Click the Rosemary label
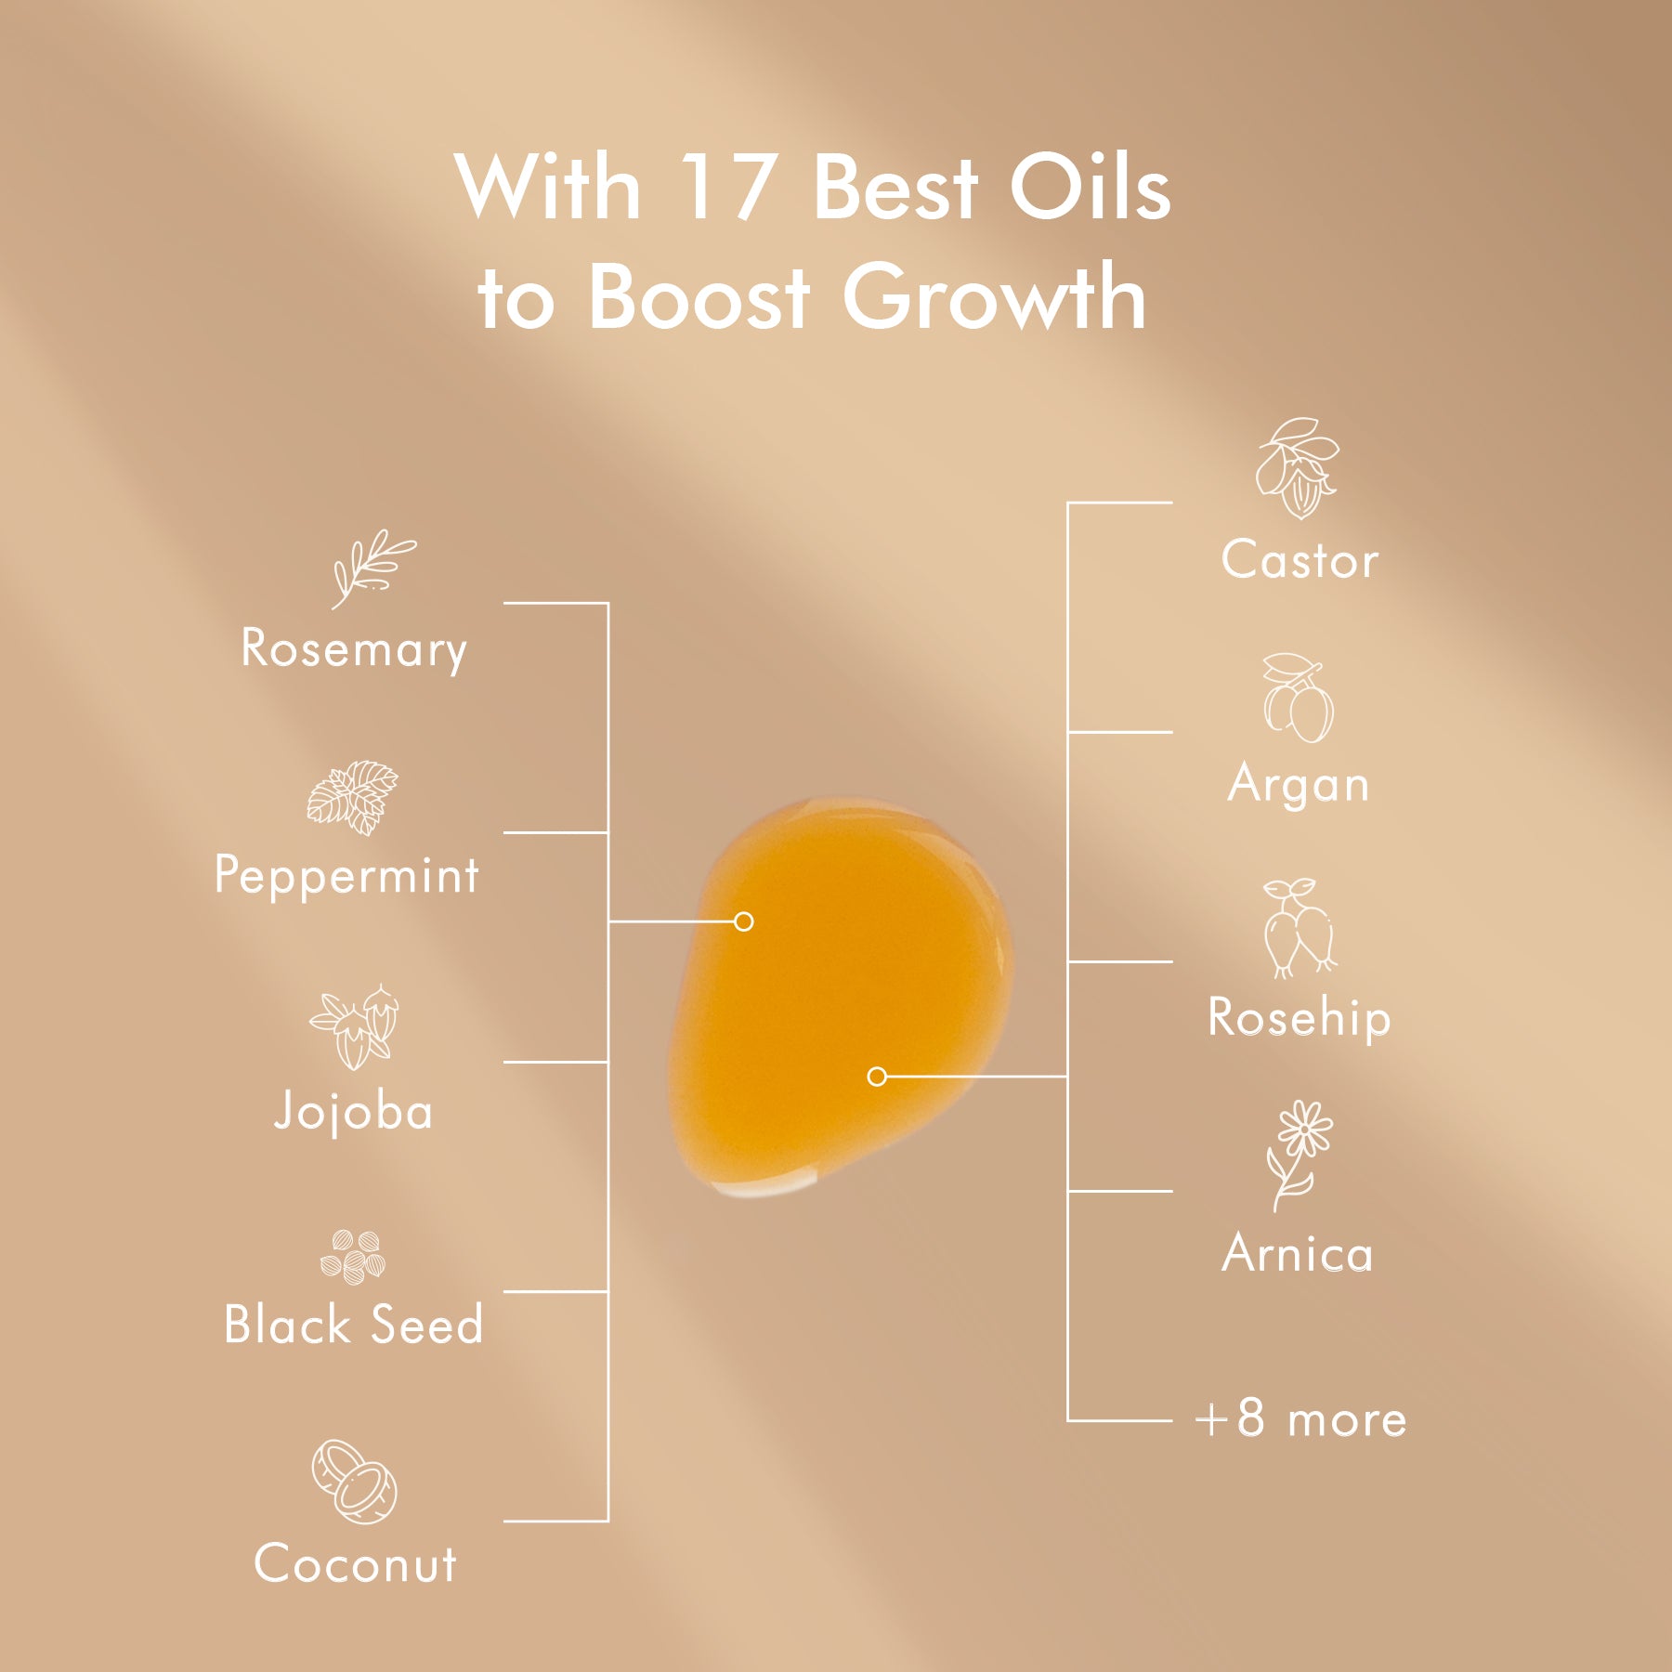pos(353,648)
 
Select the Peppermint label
pos(346,875)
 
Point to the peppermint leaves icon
pos(353,797)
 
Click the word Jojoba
pos(354,1111)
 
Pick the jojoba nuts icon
pos(355,1026)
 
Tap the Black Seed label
pos(353,1324)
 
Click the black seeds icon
pos(353,1257)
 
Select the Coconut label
pos(355,1563)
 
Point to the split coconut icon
pos(354,1482)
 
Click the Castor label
pos(1300,560)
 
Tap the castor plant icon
pos(1298,468)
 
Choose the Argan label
pos(1298,785)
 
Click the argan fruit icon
pos(1298,699)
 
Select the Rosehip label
pos(1299,1017)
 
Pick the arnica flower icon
pos(1300,1155)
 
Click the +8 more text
pos(1300,1419)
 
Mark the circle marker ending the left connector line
pos(743,921)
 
